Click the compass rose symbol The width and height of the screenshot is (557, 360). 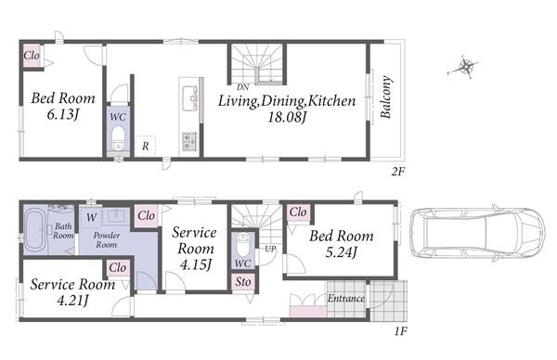(x=462, y=67)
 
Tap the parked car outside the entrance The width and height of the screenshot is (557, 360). (x=477, y=233)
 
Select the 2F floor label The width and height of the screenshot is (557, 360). (x=398, y=172)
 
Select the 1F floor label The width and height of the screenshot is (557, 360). (x=400, y=331)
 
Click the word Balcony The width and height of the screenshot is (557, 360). (x=386, y=96)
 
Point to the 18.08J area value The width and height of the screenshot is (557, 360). (x=287, y=117)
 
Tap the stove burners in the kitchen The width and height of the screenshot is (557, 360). (x=189, y=141)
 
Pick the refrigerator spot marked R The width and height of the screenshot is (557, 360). (x=146, y=146)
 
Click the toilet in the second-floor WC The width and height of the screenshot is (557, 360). (x=118, y=139)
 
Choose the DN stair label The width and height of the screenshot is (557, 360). (x=243, y=87)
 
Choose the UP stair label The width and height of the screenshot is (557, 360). (x=270, y=249)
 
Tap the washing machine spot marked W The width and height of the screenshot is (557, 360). (x=91, y=217)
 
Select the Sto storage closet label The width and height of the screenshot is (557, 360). (x=243, y=282)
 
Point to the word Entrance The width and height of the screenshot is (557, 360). (x=346, y=298)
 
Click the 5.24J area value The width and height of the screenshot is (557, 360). (x=341, y=252)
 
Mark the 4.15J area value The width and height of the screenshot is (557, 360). (x=196, y=264)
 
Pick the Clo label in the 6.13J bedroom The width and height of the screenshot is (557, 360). (x=32, y=56)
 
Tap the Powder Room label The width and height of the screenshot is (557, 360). (x=107, y=240)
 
